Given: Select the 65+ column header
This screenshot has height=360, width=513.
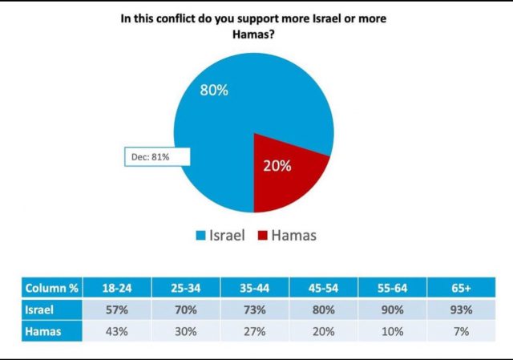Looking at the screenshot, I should pos(463,287).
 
